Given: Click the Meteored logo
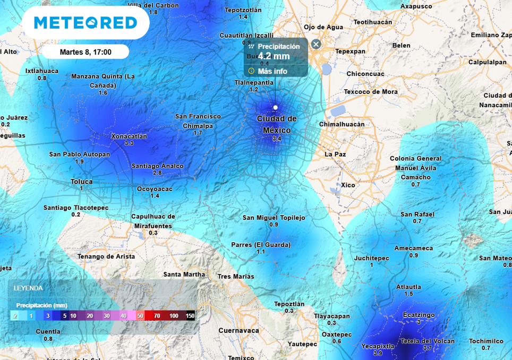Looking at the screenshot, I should (x=86, y=22).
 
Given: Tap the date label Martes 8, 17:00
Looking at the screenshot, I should (x=86, y=52).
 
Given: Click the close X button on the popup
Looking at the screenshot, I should (x=316, y=44).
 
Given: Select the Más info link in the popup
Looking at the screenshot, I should (x=272, y=71).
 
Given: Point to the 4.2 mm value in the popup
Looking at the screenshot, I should (x=274, y=56).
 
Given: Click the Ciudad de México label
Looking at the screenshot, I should (x=277, y=124).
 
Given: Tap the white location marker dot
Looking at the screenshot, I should (x=275, y=107).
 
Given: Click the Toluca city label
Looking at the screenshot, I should (x=81, y=182).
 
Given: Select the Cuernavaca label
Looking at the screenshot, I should (x=238, y=330).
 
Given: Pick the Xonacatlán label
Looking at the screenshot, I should (x=129, y=136).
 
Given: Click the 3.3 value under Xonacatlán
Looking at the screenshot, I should (x=129, y=143).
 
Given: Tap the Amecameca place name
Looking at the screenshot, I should (x=413, y=248).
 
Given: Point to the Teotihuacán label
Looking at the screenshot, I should (x=373, y=22).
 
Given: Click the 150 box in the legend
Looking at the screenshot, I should (x=190, y=316).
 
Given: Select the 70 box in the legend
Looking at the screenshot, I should (x=157, y=316).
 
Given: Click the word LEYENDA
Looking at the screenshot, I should (x=28, y=288).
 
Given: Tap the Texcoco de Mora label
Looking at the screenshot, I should (x=371, y=91).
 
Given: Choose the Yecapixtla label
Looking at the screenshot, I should (x=378, y=346).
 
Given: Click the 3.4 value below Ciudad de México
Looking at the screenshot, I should (x=277, y=139).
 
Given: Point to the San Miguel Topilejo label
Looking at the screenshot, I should (x=274, y=218).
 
